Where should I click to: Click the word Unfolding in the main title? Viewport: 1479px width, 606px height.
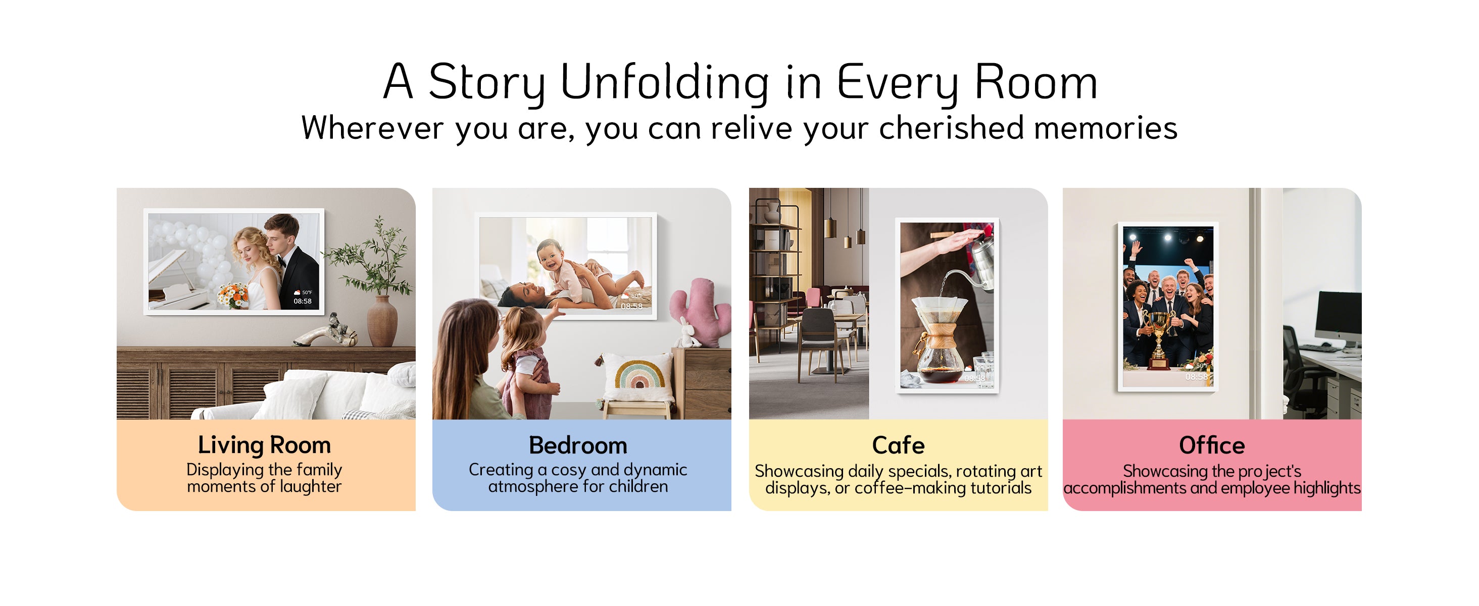point(664,82)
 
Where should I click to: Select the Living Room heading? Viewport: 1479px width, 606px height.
point(264,445)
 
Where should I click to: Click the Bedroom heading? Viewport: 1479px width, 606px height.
point(578,445)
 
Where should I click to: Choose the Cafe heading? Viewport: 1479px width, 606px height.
point(898,445)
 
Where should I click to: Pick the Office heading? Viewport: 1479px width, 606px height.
point(1211,445)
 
